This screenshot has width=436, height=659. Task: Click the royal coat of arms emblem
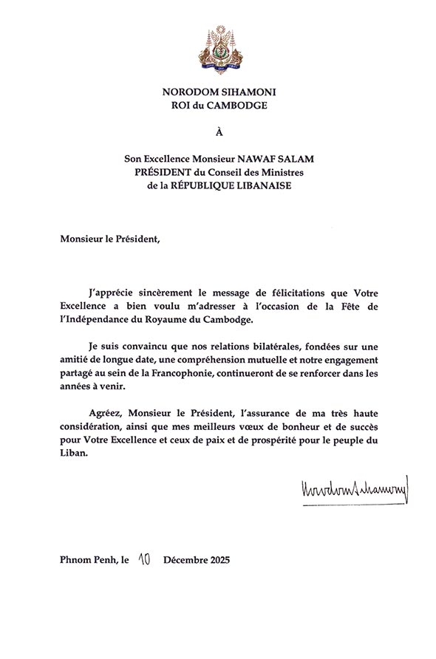coord(218,48)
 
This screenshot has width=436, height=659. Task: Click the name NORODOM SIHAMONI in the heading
coord(218,92)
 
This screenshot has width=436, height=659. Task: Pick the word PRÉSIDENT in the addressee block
coord(158,172)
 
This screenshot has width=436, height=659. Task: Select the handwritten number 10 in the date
coord(143,559)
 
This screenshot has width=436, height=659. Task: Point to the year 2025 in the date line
coord(218,560)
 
